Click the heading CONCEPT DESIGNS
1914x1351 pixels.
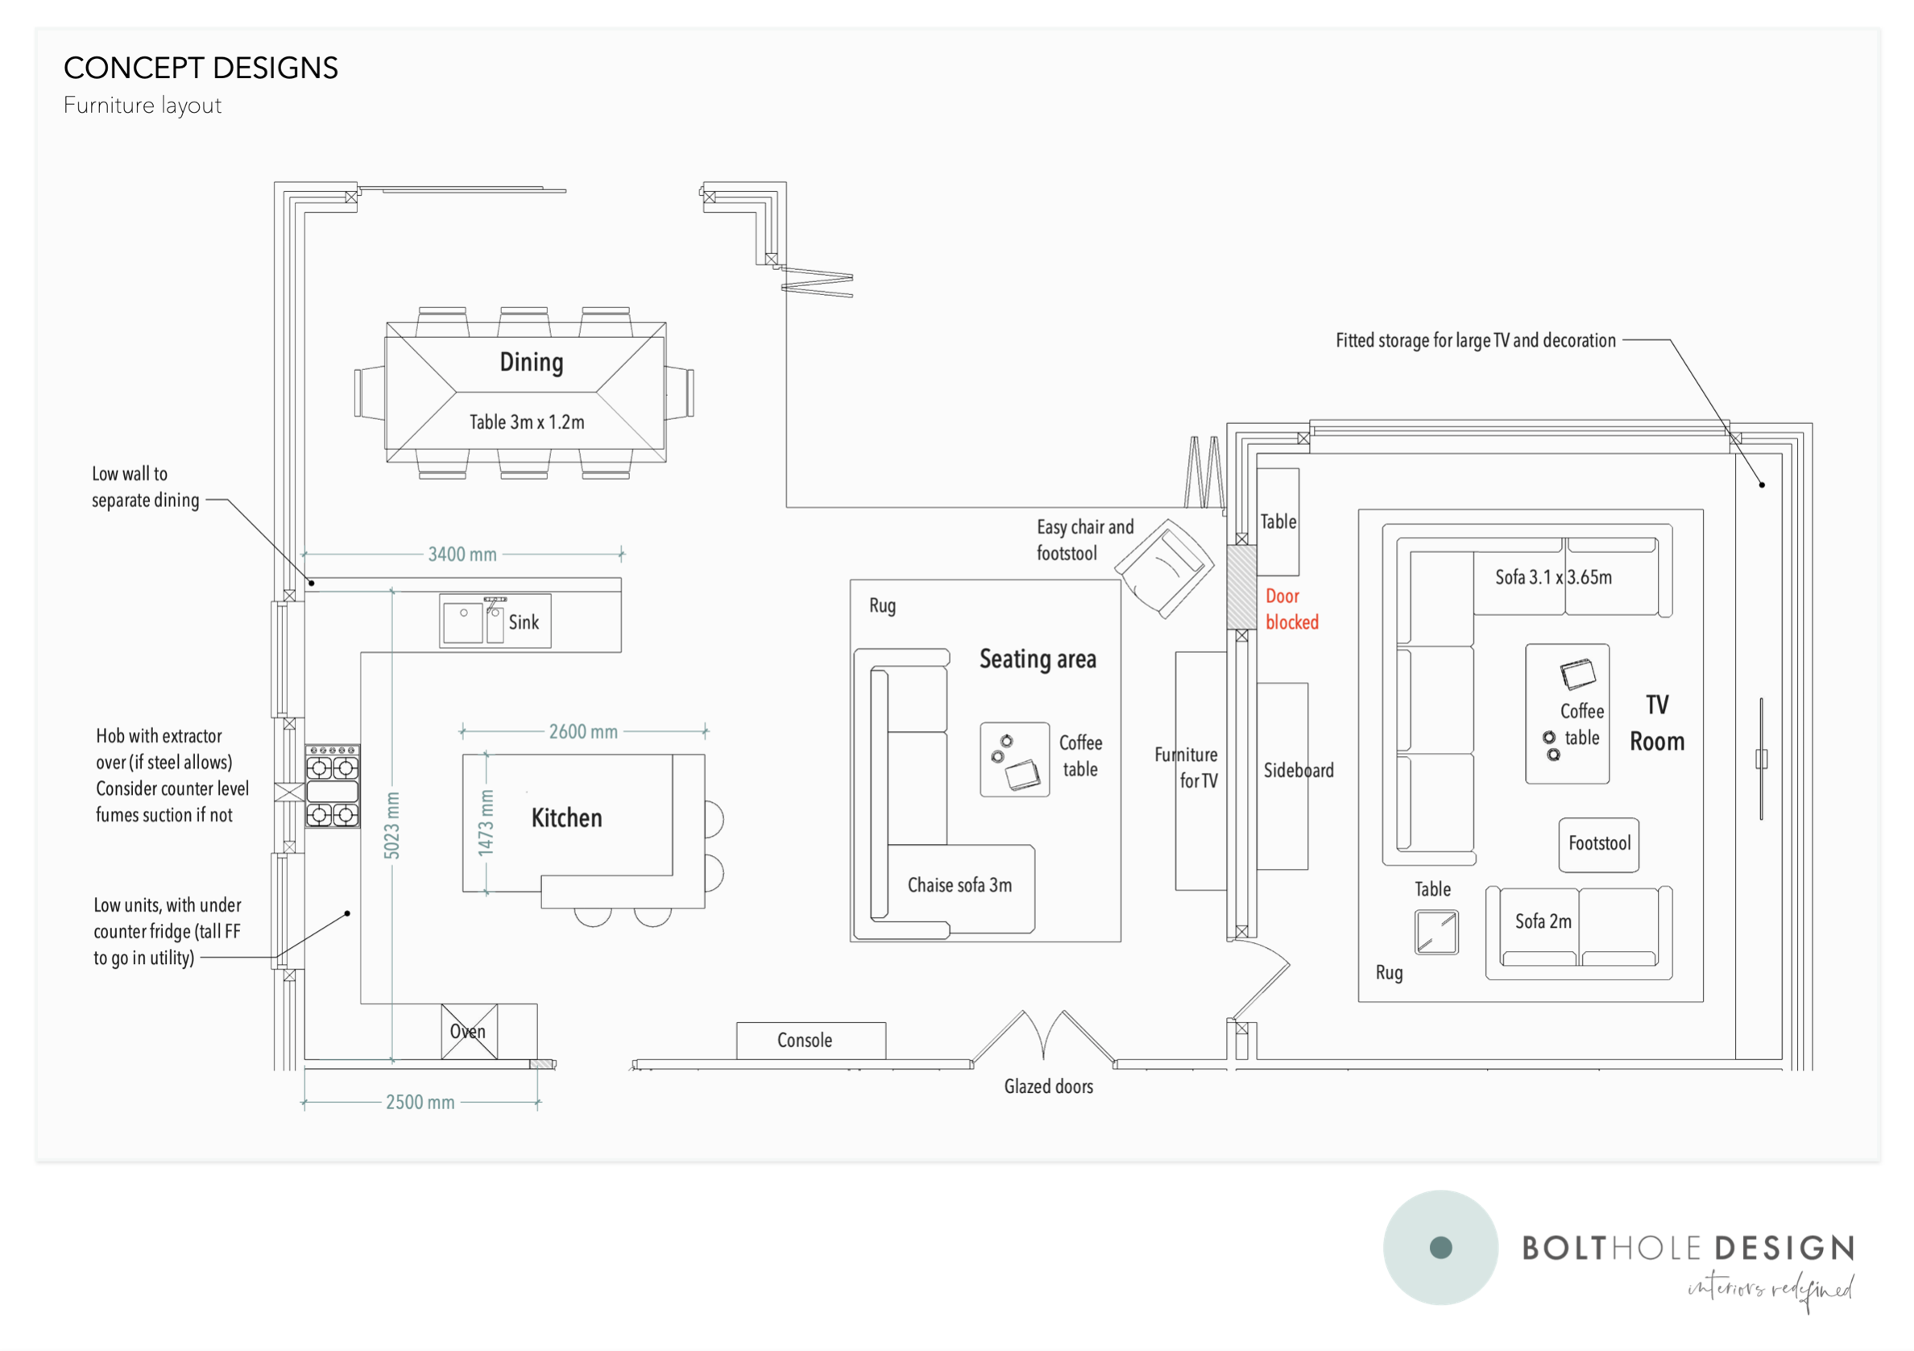[x=200, y=68]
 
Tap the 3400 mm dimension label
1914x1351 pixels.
[x=462, y=555]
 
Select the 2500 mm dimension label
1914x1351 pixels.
[x=420, y=1103]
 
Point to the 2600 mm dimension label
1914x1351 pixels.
[x=582, y=731]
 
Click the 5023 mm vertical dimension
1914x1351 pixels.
[x=391, y=825]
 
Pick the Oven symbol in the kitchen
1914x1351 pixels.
[x=469, y=1032]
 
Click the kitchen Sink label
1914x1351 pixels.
[x=524, y=622]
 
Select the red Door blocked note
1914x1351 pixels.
[x=1291, y=609]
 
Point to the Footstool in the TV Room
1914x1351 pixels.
[x=1599, y=843]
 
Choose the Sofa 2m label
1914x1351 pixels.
[x=1543, y=921]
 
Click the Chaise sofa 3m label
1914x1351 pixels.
[x=959, y=885]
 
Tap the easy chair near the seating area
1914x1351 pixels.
[x=1165, y=569]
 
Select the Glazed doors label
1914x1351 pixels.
[x=1048, y=1086]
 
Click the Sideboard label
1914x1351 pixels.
[x=1298, y=771]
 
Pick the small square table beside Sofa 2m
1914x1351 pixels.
[x=1435, y=933]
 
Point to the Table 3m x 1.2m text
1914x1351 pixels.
[x=526, y=422]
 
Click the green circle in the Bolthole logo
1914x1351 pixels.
[x=1440, y=1247]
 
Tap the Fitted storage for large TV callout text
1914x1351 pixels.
[x=1475, y=340]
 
